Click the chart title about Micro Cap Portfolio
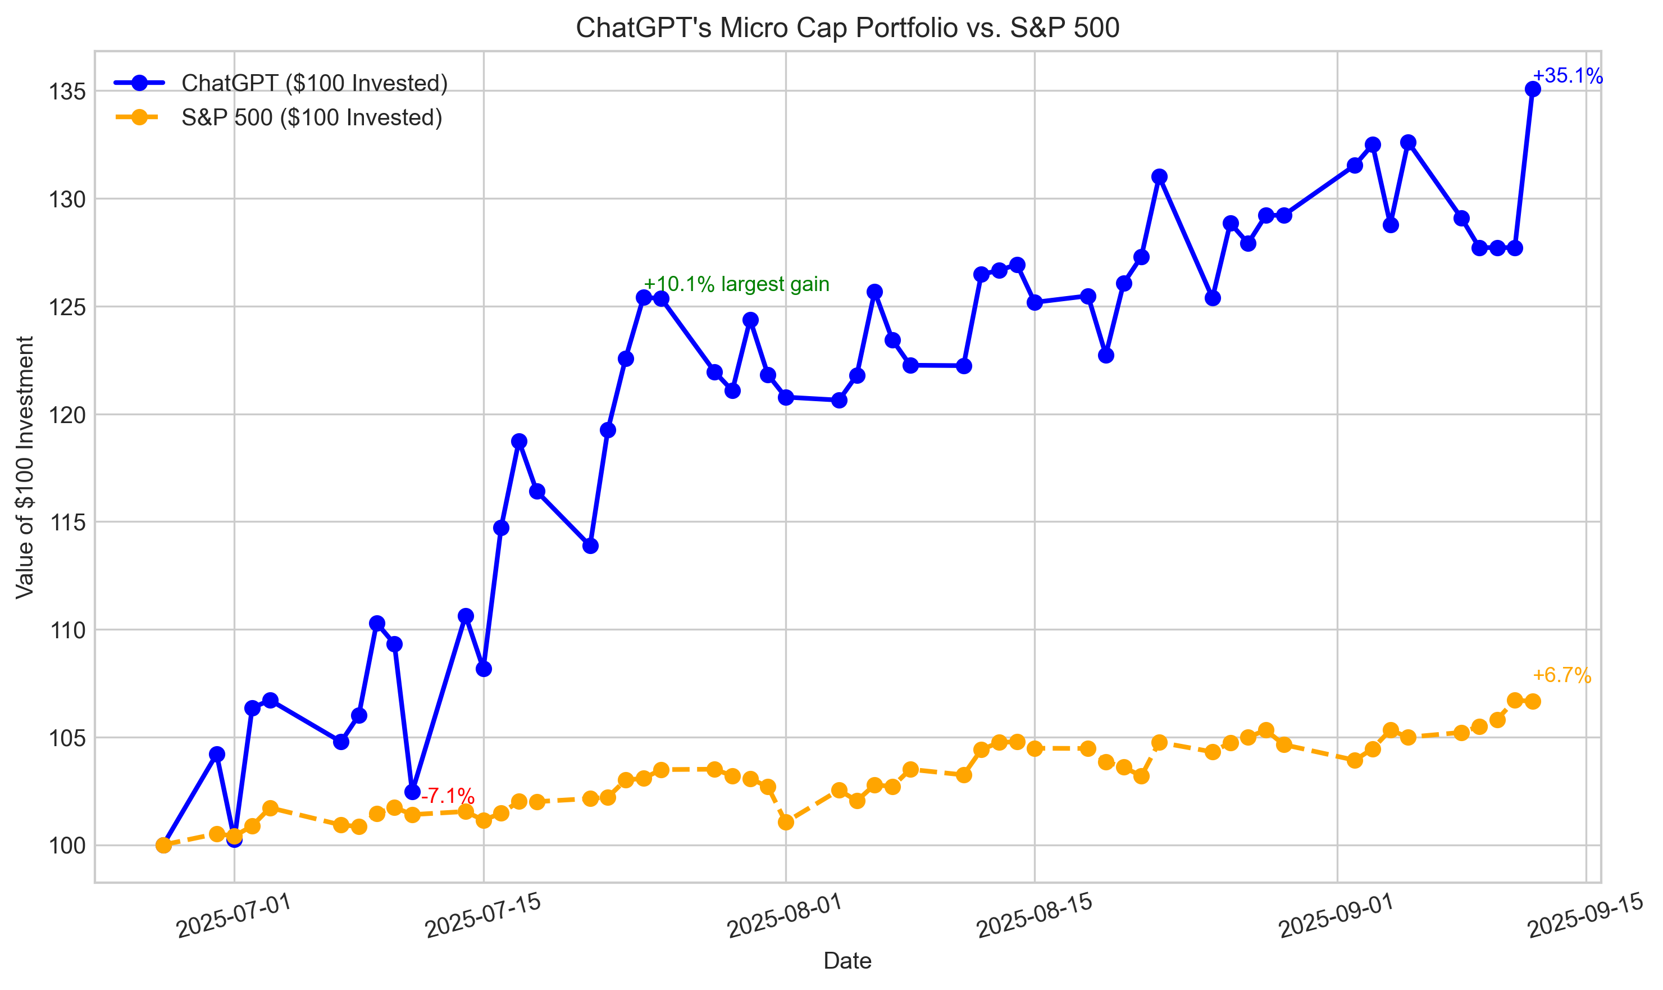point(847,28)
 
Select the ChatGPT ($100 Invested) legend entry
point(313,83)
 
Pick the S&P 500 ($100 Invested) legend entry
point(311,117)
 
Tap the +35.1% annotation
point(1566,76)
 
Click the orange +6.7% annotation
point(1561,675)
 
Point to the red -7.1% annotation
point(448,796)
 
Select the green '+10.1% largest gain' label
point(736,284)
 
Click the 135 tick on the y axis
point(67,92)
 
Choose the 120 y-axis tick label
point(67,415)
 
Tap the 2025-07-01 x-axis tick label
point(234,915)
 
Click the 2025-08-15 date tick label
point(1034,915)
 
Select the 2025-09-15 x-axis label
point(1585,915)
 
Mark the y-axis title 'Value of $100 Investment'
point(25,467)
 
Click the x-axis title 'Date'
point(847,961)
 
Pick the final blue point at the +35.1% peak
point(1532,89)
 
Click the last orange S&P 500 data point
point(1532,701)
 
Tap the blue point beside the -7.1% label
point(413,792)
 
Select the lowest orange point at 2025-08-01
point(786,822)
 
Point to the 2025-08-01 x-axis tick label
point(785,915)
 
